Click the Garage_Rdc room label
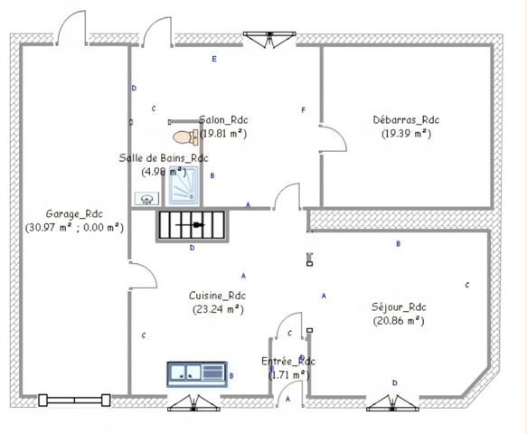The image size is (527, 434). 74,213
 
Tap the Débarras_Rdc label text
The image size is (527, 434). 406,119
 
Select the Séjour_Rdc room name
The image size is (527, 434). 398,307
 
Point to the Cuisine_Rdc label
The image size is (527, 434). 217,296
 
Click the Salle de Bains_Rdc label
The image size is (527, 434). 164,158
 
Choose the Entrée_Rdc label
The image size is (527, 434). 287,362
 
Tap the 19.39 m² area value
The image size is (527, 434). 406,133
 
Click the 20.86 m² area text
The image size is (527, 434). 398,320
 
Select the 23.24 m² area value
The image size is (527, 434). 217,309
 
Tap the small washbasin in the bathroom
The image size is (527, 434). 146,198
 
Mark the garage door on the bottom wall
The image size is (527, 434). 75,399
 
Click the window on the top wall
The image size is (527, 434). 269,36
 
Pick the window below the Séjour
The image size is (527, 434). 394,400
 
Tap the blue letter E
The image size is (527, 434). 214,60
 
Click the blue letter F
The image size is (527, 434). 304,110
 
